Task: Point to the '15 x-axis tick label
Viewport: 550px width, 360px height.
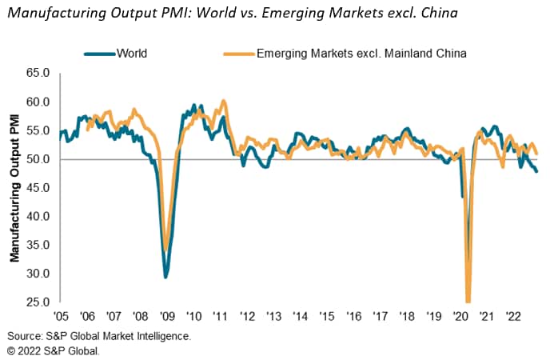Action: (x=326, y=315)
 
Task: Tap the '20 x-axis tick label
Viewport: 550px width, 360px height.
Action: (x=459, y=315)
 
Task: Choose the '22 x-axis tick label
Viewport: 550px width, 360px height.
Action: (x=512, y=315)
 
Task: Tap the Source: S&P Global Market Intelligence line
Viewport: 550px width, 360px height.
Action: (x=100, y=336)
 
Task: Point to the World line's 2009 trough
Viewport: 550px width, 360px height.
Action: (x=165, y=277)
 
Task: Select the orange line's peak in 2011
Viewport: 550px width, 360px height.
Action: (x=224, y=101)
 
